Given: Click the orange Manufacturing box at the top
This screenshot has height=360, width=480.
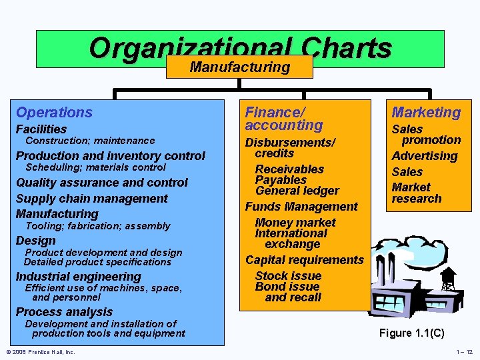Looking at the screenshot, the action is [x=239, y=67].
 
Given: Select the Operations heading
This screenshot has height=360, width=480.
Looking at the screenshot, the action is [x=54, y=113].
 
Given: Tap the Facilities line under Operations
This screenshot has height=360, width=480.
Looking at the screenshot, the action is [x=41, y=129].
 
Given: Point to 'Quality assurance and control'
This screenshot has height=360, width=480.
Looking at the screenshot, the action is [x=102, y=182].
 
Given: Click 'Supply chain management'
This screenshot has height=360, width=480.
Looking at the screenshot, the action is [x=92, y=198].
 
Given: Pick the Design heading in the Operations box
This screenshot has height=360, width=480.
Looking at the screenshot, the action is [x=36, y=241].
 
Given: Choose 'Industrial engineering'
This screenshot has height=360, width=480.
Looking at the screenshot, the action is [x=79, y=277].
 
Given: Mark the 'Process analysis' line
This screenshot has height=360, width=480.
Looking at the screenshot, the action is [x=64, y=312].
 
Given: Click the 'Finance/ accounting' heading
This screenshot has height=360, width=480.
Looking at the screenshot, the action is [x=284, y=119].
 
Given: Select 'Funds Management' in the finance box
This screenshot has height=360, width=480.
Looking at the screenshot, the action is [x=301, y=207].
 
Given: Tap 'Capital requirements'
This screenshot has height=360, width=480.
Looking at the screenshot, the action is [x=305, y=260].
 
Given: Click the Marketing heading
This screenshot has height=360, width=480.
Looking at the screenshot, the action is [x=426, y=113].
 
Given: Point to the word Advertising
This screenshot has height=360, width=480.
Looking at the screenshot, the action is [x=425, y=156].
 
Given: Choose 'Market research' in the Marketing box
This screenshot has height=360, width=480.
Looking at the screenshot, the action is [x=417, y=193].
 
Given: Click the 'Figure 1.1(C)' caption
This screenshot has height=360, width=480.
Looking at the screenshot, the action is [x=411, y=333].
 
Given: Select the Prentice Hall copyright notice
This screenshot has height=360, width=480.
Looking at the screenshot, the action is [x=41, y=352].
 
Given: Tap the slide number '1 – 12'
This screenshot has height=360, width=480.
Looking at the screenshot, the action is [x=464, y=352].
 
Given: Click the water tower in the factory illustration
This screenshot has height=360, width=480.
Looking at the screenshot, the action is [x=448, y=277].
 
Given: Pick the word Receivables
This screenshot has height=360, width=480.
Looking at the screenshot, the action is [x=289, y=169].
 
